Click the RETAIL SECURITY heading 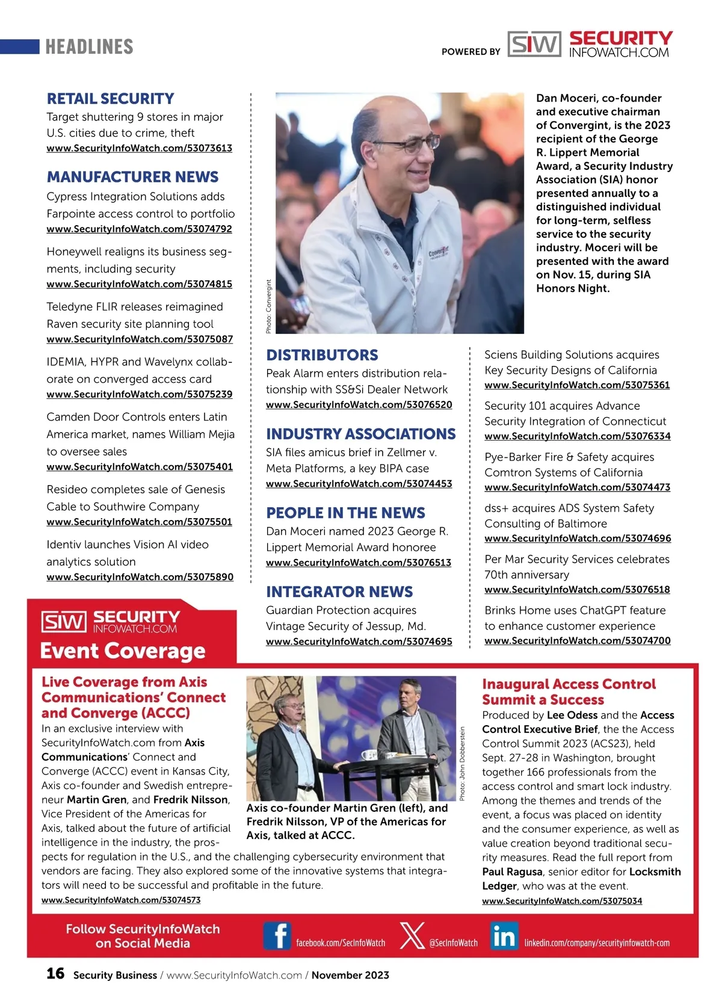(x=110, y=99)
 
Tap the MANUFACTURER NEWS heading (x=132, y=177)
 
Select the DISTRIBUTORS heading (x=322, y=355)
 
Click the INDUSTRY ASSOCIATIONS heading (x=360, y=434)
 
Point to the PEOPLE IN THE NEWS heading (x=345, y=513)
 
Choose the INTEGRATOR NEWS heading (x=339, y=592)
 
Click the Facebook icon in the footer (x=277, y=936)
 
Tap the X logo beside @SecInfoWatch (x=412, y=936)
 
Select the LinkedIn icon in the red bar (x=504, y=936)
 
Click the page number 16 (x=55, y=973)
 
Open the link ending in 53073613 (x=139, y=148)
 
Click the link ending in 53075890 (x=140, y=577)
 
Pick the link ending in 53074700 (x=577, y=641)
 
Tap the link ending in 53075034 (x=561, y=901)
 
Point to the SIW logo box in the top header (x=534, y=44)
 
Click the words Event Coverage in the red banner (x=123, y=651)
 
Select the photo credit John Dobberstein (x=462, y=763)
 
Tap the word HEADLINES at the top (x=89, y=47)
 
